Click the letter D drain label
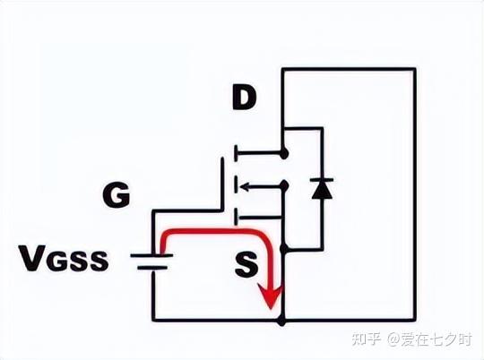pyautogui.click(x=244, y=99)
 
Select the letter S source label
pyautogui.click(x=246, y=262)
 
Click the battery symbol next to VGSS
pyautogui.click(x=151, y=261)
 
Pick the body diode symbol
pyautogui.click(x=321, y=188)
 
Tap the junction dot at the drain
pyautogui.click(x=283, y=154)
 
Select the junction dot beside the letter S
pyautogui.click(x=283, y=246)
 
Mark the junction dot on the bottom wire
pyautogui.click(x=283, y=320)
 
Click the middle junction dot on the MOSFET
pyautogui.click(x=283, y=187)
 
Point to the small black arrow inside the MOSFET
pyautogui.click(x=254, y=187)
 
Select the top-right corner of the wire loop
pyautogui.click(x=415, y=69)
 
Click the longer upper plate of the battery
pyautogui.click(x=151, y=255)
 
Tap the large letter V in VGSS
pyautogui.click(x=33, y=259)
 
